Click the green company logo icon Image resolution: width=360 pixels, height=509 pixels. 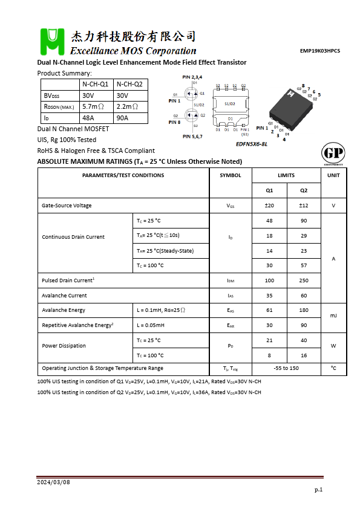pyautogui.click(x=51, y=42)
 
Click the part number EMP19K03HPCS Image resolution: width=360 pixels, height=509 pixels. pyautogui.click(x=320, y=51)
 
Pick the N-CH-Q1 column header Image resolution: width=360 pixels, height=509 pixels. pyautogui.click(x=95, y=84)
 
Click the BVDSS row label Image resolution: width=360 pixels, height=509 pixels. pyautogui.click(x=51, y=96)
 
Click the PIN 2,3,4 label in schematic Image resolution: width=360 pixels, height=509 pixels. pyautogui.click(x=192, y=77)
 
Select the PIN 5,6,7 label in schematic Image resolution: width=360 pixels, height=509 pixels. pyautogui.click(x=192, y=137)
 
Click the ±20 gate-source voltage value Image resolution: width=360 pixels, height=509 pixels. pyautogui.click(x=269, y=206)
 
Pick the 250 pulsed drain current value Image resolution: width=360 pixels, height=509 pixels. pyautogui.click(x=304, y=280)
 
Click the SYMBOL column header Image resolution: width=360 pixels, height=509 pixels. pyautogui.click(x=230, y=175)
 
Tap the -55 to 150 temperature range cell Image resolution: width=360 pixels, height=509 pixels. pyautogui.click(x=286, y=368)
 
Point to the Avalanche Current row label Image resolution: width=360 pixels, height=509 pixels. pyautogui.click(x=64, y=296)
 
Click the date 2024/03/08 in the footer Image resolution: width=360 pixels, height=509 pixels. pyautogui.click(x=53, y=482)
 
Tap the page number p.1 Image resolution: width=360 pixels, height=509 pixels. pyautogui.click(x=318, y=489)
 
